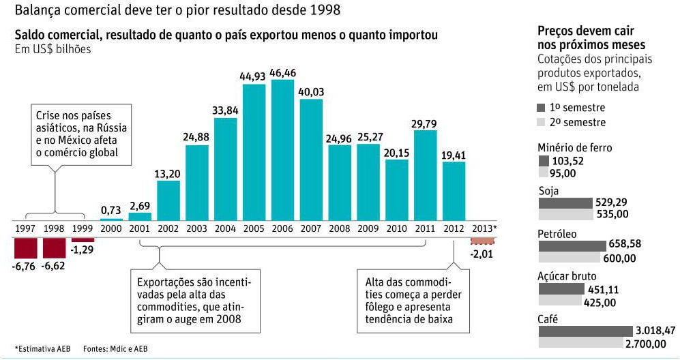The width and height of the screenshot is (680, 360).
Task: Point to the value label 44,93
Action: coord(254,76)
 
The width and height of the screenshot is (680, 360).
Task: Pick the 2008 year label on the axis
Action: coord(340,228)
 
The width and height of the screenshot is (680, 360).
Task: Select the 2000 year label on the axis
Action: coord(111,228)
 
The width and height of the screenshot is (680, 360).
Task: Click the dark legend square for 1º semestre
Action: coord(542,108)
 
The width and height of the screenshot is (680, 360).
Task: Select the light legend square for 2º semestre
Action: coord(542,122)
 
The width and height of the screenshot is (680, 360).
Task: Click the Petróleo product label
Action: coord(557,234)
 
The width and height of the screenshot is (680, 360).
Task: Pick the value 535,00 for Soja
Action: coord(612,214)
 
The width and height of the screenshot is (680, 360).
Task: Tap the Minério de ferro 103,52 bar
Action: coord(544,161)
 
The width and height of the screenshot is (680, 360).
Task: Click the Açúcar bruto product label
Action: coord(567,276)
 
